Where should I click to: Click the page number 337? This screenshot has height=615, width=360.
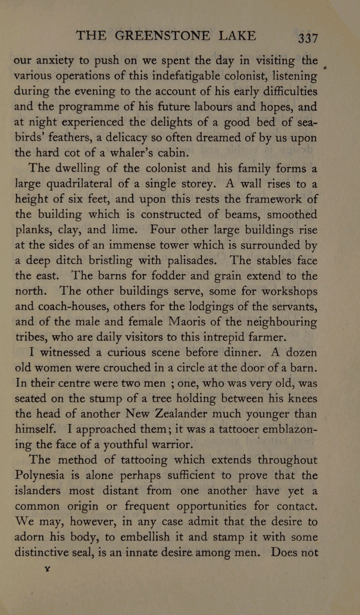coord(303,38)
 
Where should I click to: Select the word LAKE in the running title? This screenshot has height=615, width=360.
coord(237,35)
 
